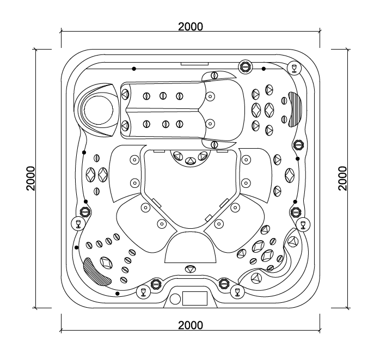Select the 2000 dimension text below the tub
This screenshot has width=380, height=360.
point(191,325)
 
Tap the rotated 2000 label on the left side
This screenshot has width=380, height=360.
point(31,178)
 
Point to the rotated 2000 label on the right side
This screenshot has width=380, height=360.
point(342,178)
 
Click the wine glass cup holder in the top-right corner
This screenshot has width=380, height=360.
point(294,67)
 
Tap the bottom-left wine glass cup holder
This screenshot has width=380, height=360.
point(144,292)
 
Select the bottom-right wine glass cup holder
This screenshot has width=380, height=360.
point(237,291)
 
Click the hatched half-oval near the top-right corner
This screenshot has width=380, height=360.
point(296,108)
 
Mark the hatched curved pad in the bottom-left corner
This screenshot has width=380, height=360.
point(95,271)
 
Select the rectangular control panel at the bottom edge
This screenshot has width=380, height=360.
point(195,298)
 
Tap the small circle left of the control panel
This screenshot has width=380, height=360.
point(175,299)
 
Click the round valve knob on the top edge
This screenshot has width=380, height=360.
point(246,67)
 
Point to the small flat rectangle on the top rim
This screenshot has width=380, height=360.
point(191,64)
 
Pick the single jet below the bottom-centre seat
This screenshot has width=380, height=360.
point(190,269)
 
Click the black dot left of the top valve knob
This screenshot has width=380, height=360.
point(134,69)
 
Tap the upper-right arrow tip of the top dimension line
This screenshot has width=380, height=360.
point(320,32)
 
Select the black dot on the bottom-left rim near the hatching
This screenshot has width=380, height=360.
point(118,294)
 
